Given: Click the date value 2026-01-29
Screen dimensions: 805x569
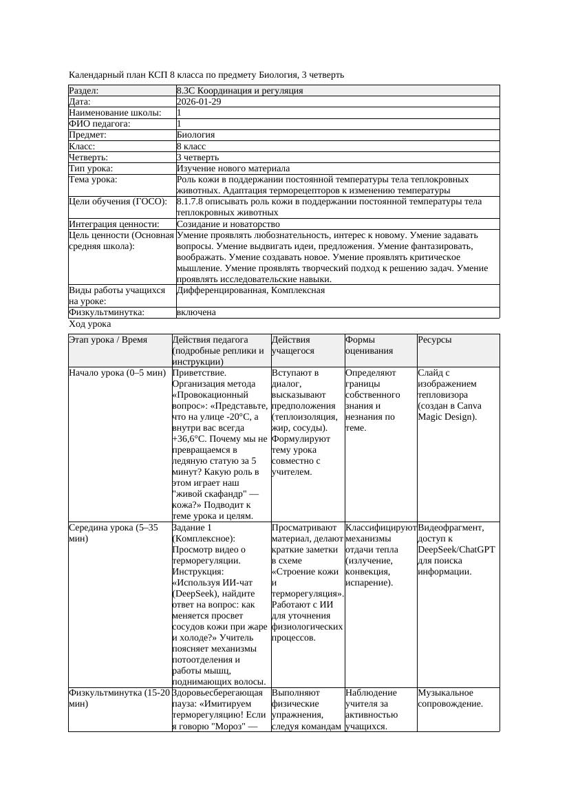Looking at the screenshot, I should click(x=199, y=102).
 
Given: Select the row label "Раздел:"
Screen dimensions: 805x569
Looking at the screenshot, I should click(x=84, y=91).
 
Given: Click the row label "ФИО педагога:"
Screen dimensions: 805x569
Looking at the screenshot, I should click(x=100, y=124).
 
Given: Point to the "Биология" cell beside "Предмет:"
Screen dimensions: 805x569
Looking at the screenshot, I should click(x=196, y=135).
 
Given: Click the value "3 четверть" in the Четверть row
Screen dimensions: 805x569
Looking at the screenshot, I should click(x=198, y=158).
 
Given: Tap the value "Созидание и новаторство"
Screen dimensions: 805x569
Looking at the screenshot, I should click(x=228, y=224).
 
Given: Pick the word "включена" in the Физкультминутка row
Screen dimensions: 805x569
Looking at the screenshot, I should click(x=196, y=312).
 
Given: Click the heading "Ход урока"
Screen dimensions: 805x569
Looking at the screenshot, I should click(x=90, y=324).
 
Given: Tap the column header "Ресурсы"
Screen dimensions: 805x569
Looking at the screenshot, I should click(x=435, y=340).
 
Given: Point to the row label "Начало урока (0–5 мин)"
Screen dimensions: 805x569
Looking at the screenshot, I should click(x=118, y=373).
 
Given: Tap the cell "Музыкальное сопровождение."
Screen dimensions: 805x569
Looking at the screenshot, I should click(x=451, y=698).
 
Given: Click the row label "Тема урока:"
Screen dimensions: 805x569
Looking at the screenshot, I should click(x=94, y=180).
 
